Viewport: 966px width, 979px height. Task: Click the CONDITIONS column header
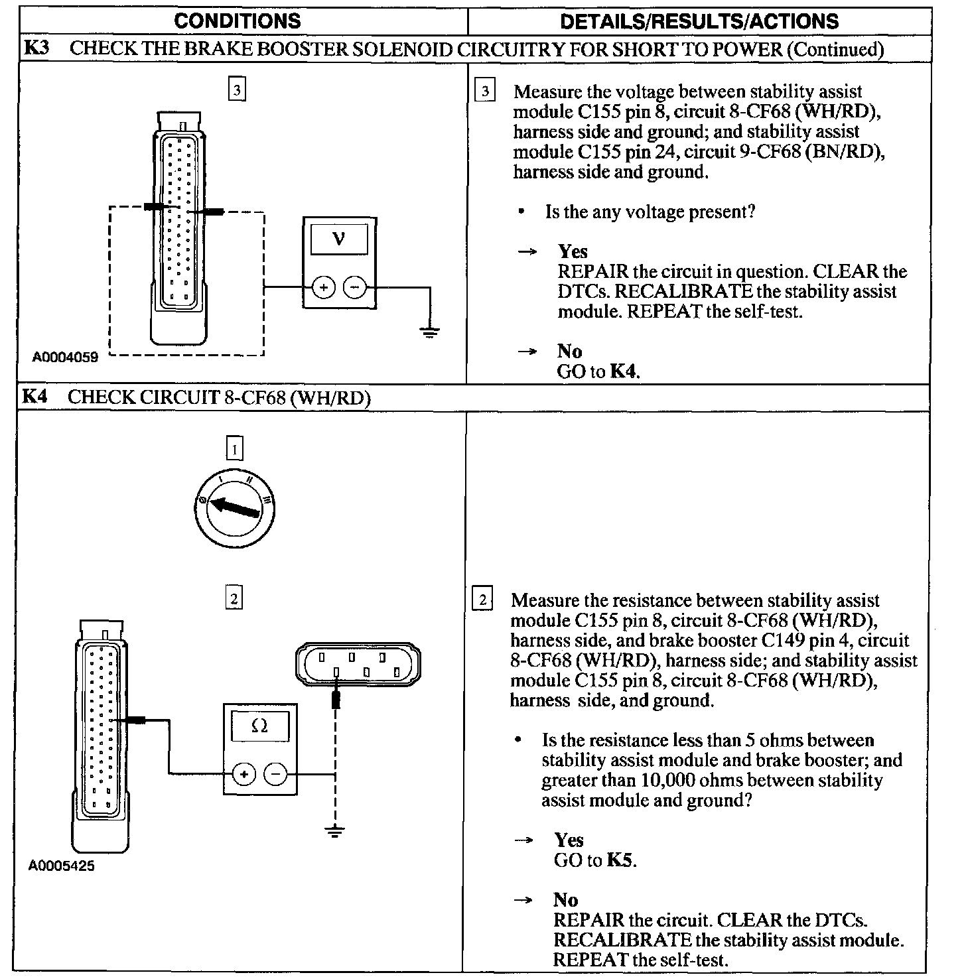(x=237, y=21)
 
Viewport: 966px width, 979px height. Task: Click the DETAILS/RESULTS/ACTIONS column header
(x=699, y=21)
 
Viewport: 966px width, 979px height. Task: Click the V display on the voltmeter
(x=339, y=238)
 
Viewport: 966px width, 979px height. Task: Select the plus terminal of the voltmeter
(x=324, y=287)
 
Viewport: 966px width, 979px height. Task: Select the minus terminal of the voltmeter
(x=354, y=287)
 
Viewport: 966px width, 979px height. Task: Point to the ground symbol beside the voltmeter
(x=430, y=332)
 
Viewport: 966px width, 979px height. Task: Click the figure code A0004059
(x=65, y=358)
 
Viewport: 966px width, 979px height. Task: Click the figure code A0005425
(x=62, y=866)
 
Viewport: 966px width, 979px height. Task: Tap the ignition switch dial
(x=235, y=508)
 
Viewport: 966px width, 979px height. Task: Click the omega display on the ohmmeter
(x=260, y=726)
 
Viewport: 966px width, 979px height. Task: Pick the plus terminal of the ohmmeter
(x=243, y=773)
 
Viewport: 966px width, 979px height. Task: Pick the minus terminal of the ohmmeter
(x=275, y=773)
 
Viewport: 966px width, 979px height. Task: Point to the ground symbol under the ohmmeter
(x=336, y=830)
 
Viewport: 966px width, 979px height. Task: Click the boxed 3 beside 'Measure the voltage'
(x=485, y=92)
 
